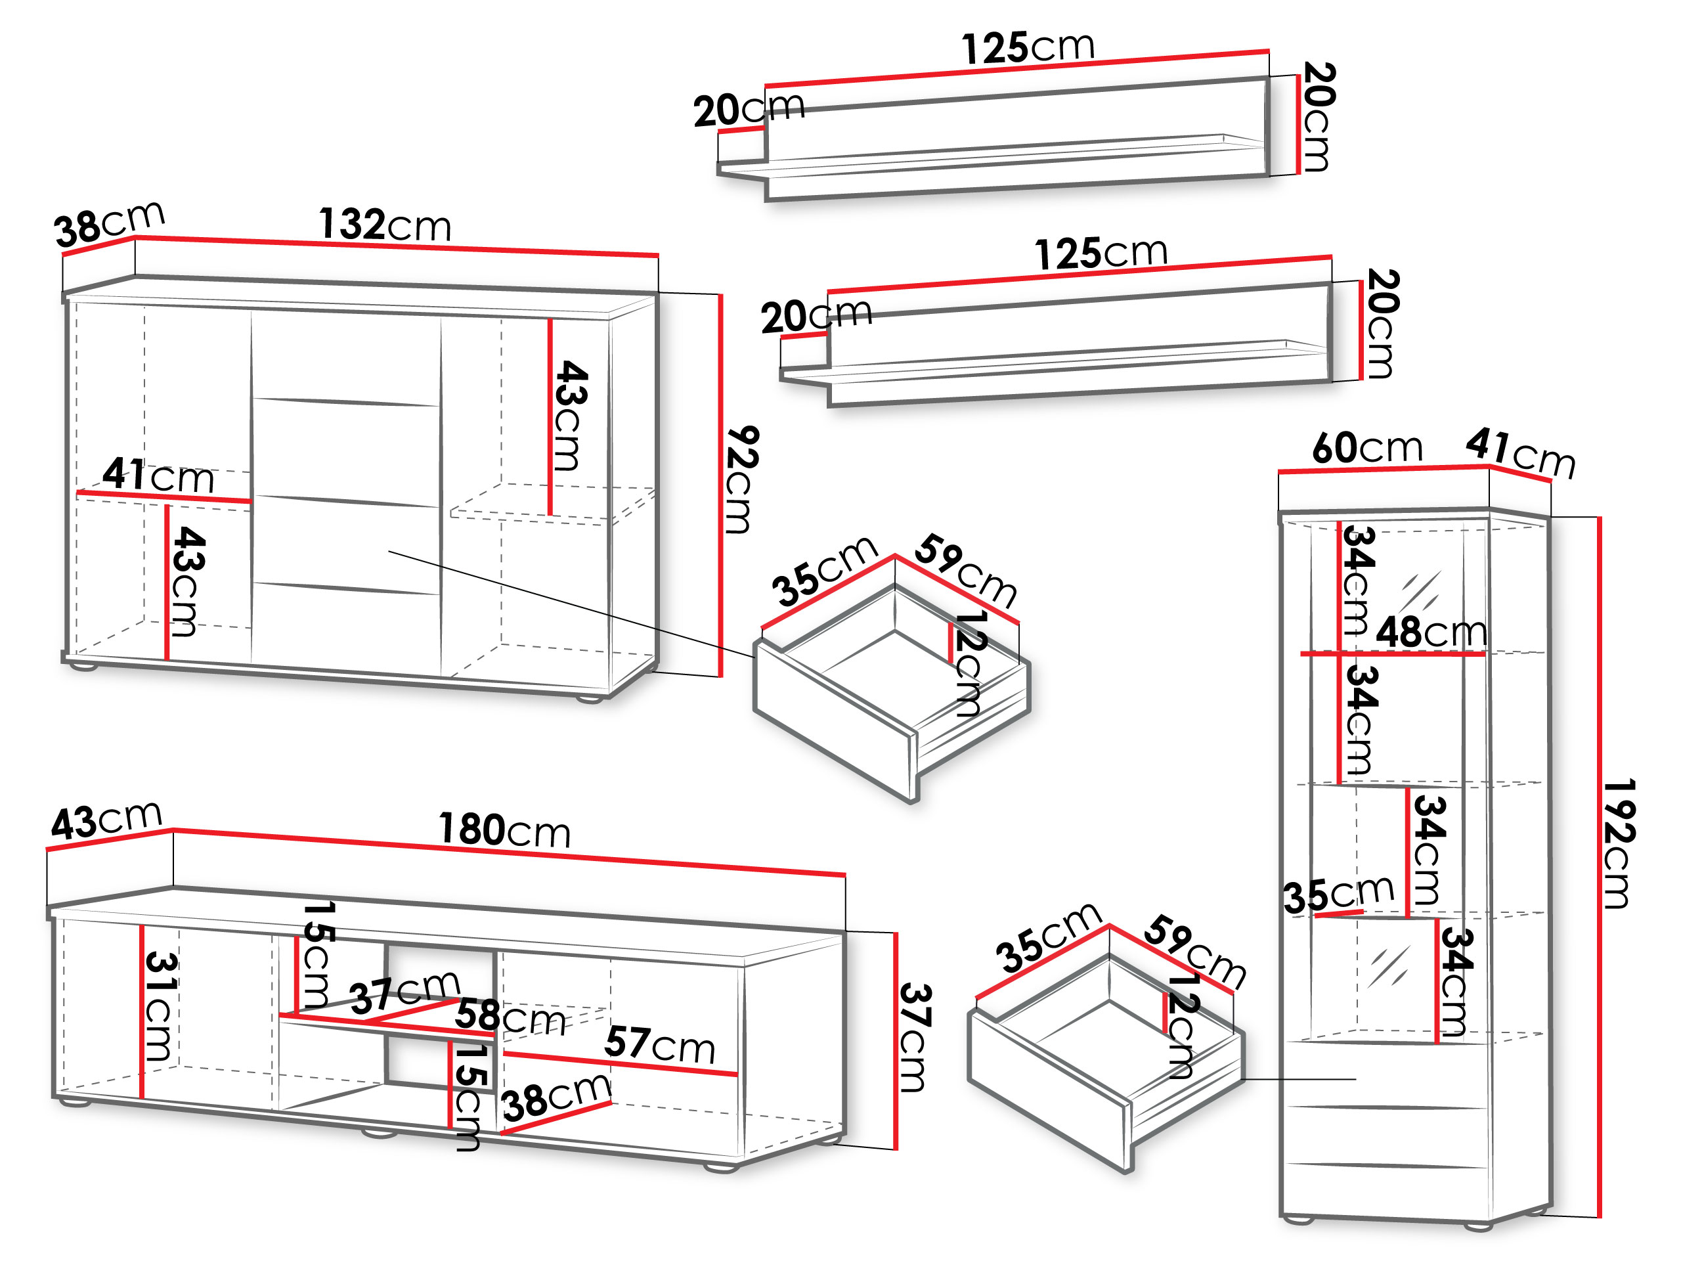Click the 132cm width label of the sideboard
coord(385,225)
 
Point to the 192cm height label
coord(1619,844)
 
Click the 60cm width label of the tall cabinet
coord(1367,448)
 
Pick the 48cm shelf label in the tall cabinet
coord(1431,632)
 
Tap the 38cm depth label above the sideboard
coord(110,224)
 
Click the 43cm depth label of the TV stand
coord(106,820)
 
